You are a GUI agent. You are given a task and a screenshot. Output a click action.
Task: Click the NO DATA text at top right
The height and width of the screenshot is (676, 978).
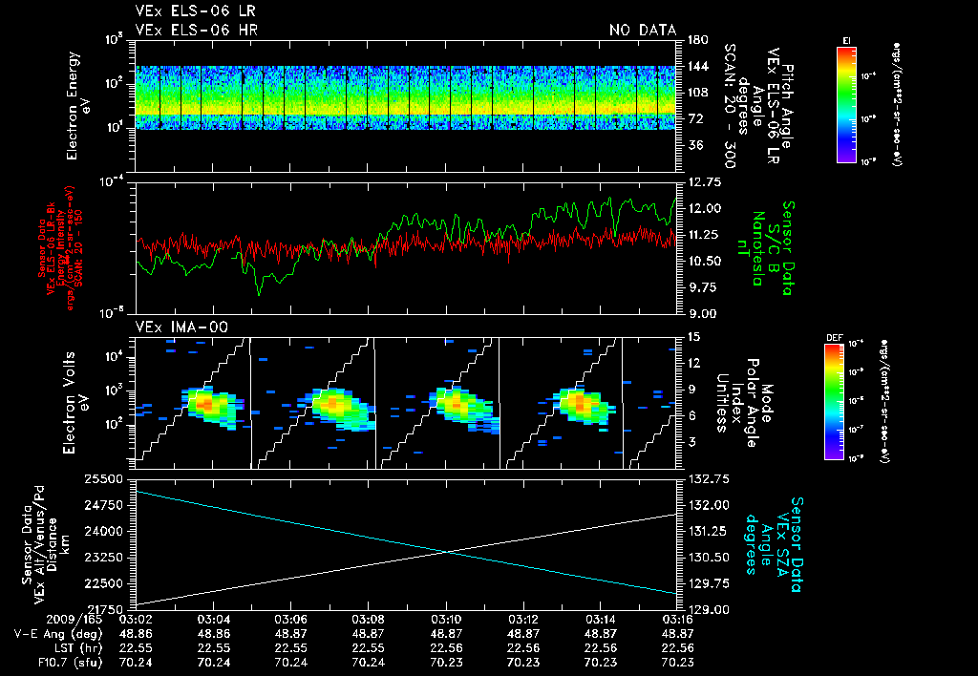coord(642,30)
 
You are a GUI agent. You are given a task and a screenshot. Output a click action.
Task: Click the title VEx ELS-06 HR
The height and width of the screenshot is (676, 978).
coord(197,30)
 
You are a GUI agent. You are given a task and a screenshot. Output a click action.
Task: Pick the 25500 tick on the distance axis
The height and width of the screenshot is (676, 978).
coord(113,477)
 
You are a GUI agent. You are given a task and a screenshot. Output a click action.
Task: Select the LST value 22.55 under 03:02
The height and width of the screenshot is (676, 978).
coord(136,646)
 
